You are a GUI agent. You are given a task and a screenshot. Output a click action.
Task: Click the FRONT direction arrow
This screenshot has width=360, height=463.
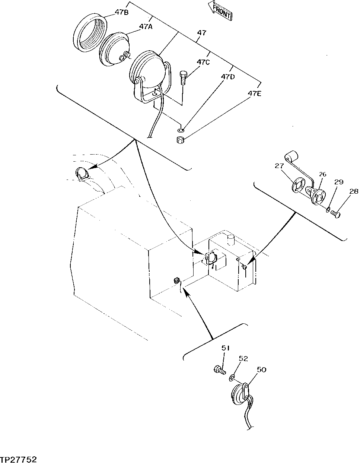(221, 10)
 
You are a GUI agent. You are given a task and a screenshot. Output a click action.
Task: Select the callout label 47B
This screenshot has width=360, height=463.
(122, 12)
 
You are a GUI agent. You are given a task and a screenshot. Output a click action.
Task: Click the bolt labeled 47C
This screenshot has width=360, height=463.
(183, 78)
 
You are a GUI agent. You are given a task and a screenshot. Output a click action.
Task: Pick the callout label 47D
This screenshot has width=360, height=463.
(228, 77)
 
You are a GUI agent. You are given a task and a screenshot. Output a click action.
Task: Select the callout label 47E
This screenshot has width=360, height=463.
(255, 93)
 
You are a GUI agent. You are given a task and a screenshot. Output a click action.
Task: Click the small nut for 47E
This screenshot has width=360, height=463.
(181, 140)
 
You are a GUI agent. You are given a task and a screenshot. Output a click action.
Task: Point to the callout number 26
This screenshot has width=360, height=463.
(322, 174)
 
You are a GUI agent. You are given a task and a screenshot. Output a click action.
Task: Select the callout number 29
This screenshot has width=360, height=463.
(338, 182)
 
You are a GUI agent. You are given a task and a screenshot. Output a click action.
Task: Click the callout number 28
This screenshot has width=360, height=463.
(354, 191)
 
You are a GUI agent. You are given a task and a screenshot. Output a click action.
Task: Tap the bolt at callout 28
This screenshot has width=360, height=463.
(336, 214)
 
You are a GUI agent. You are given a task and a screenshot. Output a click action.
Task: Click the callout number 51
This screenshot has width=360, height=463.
(226, 348)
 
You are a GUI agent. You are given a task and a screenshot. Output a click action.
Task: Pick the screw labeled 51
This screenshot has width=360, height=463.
(220, 370)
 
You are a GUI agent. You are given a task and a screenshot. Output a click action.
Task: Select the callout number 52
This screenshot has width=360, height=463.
(243, 359)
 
